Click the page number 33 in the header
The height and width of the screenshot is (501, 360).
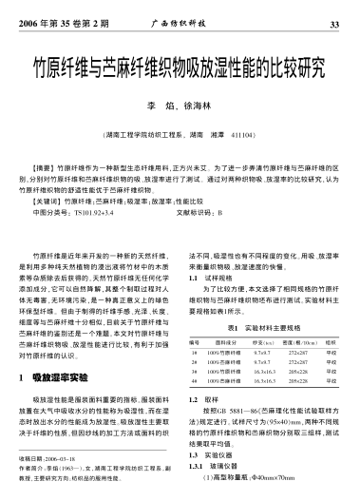(333, 23)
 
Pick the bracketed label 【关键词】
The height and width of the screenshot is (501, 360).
(49, 201)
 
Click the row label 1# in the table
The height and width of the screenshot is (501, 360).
(194, 352)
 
